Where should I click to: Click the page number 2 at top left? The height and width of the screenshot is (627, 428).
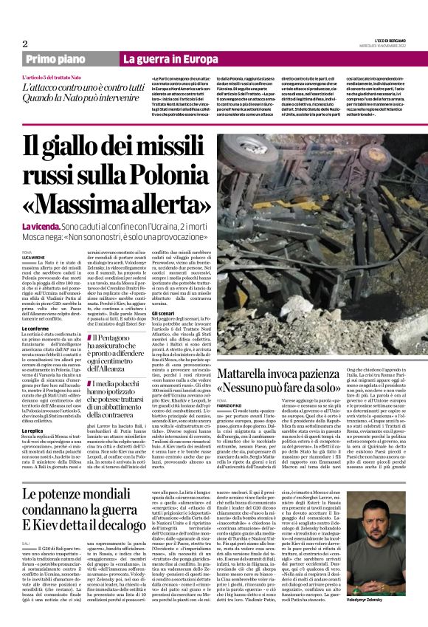click(x=25, y=43)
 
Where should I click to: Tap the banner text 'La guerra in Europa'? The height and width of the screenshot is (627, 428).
click(x=160, y=59)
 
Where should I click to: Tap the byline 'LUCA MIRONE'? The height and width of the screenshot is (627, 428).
click(x=35, y=256)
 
